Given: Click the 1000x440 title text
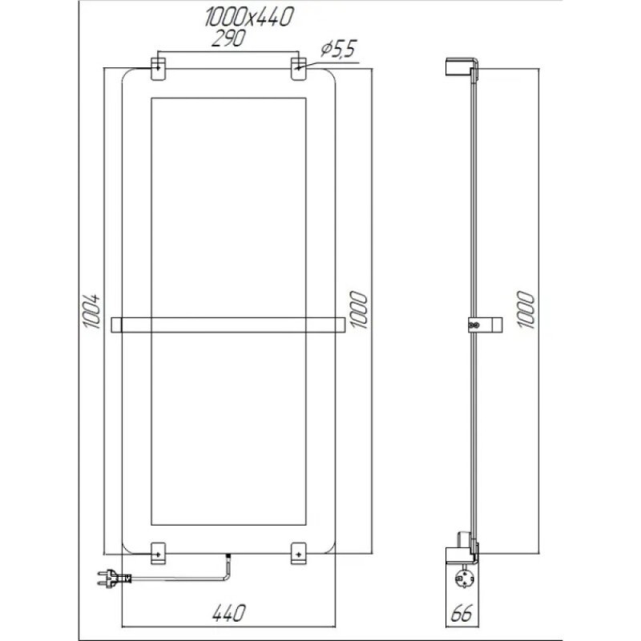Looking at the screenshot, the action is [249, 18].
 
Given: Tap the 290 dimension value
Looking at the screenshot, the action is [229, 38].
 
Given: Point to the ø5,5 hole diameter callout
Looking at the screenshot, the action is [338, 50].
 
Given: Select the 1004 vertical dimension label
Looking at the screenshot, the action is [92, 311].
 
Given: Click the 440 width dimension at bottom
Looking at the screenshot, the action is [228, 613].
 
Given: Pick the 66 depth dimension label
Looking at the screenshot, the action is [462, 613].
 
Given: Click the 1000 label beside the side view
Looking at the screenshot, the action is [526, 309].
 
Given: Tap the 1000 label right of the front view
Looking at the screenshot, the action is [358, 309].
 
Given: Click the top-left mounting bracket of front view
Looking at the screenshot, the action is [159, 68].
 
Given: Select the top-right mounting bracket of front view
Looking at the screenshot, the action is [299, 68].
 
